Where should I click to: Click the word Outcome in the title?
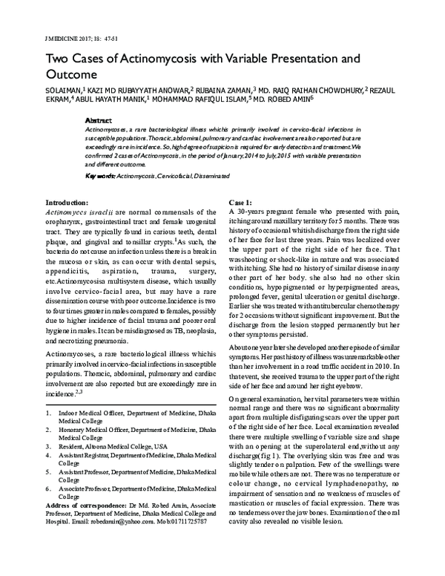(72, 74)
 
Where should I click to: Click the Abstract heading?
(99, 120)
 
